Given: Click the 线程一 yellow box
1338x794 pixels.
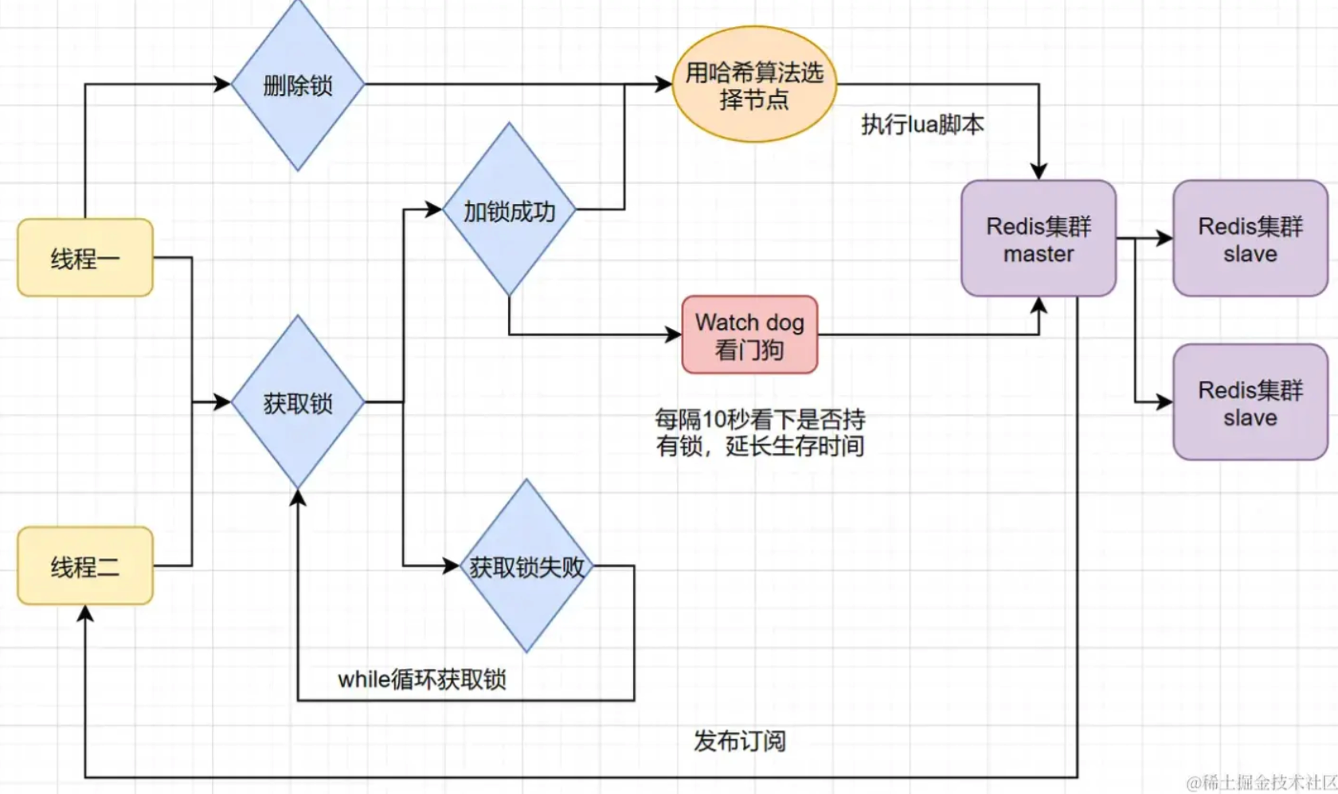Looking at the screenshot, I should pyautogui.click(x=85, y=257).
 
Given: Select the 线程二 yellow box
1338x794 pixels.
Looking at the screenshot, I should pyautogui.click(x=85, y=565).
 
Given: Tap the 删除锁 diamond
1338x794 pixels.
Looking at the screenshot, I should pyautogui.click(x=298, y=84).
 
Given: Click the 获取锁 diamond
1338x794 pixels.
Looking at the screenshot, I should pyautogui.click(x=298, y=402).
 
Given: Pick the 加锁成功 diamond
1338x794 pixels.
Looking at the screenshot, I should pyautogui.click(x=509, y=210).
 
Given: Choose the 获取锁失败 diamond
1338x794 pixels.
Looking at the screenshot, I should pyautogui.click(x=526, y=566).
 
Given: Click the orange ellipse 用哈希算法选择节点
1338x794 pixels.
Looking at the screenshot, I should pyautogui.click(x=754, y=84).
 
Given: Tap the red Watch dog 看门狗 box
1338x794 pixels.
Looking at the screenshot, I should pyautogui.click(x=749, y=334).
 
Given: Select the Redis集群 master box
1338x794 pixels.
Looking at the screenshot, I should pyautogui.click(x=1039, y=238).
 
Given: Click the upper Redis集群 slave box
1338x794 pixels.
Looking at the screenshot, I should pyautogui.click(x=1250, y=238).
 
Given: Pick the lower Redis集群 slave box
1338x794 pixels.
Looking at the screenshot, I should pyautogui.click(x=1250, y=402).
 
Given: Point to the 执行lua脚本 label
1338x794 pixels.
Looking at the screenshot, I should pyautogui.click(x=922, y=124).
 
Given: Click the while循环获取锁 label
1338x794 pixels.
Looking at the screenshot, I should pyautogui.click(x=421, y=679).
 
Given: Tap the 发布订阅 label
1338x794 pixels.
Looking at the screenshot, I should pyautogui.click(x=740, y=741).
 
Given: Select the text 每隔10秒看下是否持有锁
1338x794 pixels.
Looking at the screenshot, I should pyautogui.click(x=760, y=432).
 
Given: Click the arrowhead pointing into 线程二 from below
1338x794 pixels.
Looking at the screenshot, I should pyautogui.click(x=85, y=612).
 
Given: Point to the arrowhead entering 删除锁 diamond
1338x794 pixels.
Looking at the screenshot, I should pyautogui.click(x=223, y=84).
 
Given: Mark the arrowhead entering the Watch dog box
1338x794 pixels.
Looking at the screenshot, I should pyautogui.click(x=674, y=334).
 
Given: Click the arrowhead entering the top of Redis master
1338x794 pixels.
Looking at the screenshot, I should pyautogui.click(x=1039, y=172).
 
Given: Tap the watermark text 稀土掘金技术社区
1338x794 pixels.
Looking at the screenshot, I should pyautogui.click(x=1262, y=782).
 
